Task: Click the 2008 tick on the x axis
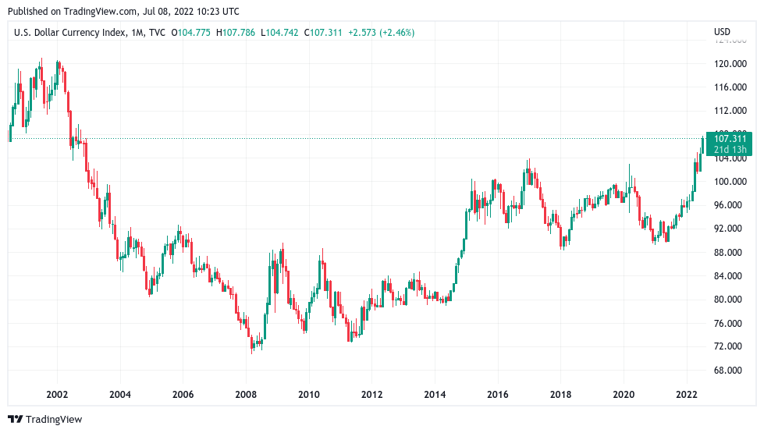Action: tap(246, 395)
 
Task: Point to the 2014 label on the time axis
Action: tap(435, 395)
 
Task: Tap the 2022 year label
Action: tap(687, 395)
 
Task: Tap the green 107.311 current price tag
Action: tap(730, 139)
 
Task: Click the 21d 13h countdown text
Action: tap(730, 150)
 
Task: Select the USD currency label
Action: tap(722, 32)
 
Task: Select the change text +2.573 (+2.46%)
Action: tap(382, 32)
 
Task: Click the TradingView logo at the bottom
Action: tap(45, 420)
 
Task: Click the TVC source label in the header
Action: tap(157, 32)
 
